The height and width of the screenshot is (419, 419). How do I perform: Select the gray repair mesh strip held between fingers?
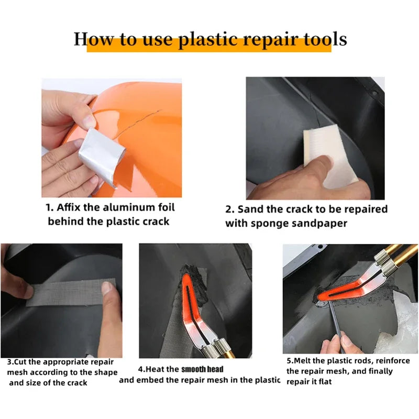click(68, 295)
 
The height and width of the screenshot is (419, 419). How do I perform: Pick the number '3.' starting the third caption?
click(10, 362)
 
